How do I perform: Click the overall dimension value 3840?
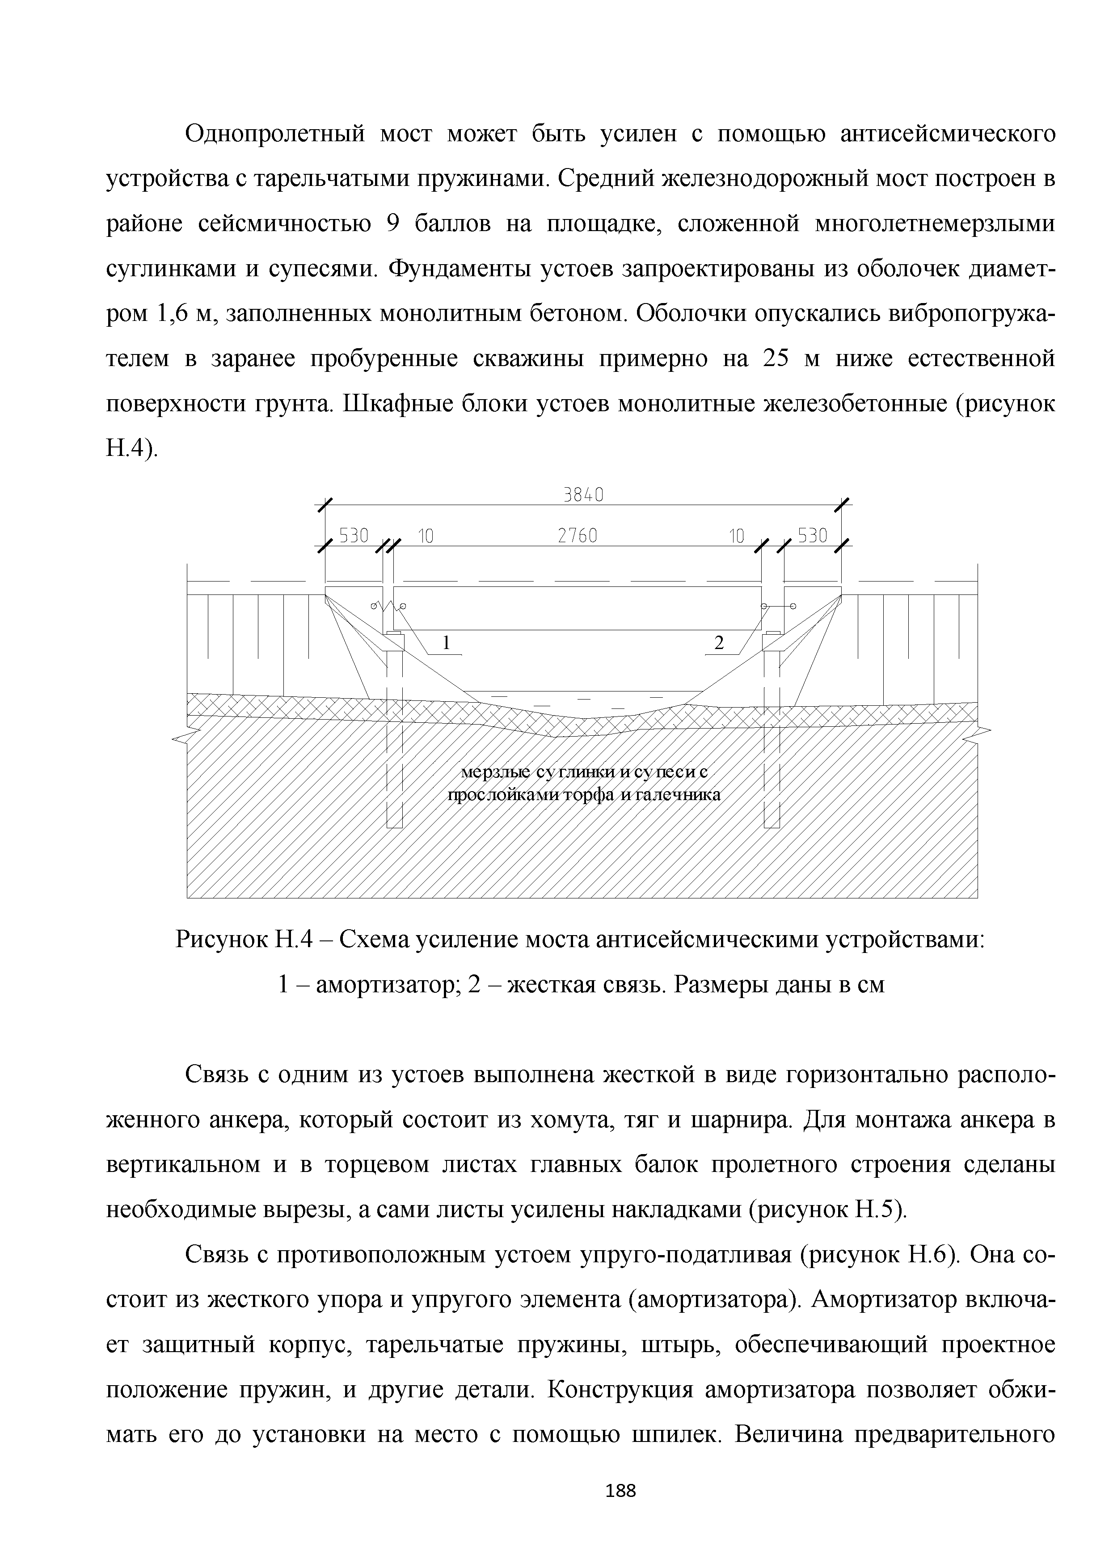click(583, 494)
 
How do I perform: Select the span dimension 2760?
click(578, 537)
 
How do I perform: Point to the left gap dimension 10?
click(426, 537)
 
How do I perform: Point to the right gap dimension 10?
click(736, 537)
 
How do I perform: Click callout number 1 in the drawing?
click(447, 643)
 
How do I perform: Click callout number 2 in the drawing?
click(718, 643)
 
